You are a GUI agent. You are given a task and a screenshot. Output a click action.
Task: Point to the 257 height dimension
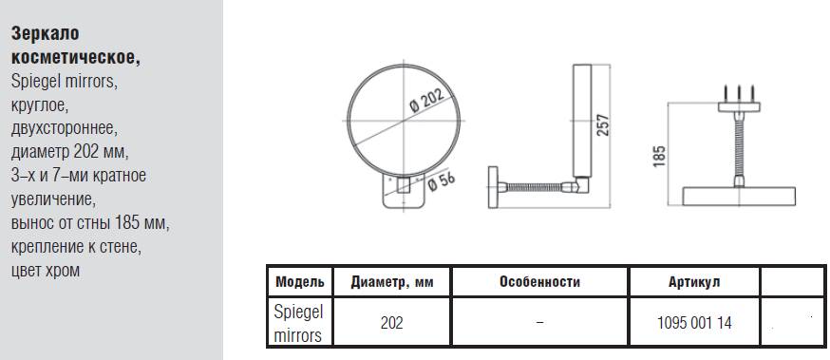602,123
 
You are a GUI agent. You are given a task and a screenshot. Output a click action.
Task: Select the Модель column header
299,282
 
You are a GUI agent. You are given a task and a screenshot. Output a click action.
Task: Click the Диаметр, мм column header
391,282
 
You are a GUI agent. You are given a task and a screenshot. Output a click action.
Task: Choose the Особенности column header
538,282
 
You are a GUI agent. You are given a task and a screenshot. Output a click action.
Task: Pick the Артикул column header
694,282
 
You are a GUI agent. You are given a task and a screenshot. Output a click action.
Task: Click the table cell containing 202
391,323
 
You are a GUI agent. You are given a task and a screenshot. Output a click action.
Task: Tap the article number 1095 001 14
694,323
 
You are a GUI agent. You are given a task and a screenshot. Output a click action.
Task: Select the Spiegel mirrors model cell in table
298,323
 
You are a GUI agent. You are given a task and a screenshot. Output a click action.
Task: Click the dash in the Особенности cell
539,323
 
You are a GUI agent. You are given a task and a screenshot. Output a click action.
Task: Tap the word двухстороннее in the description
65,128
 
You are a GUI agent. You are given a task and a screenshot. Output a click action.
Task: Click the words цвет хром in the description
46,270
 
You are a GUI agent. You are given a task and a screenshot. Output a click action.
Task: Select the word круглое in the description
40,104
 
